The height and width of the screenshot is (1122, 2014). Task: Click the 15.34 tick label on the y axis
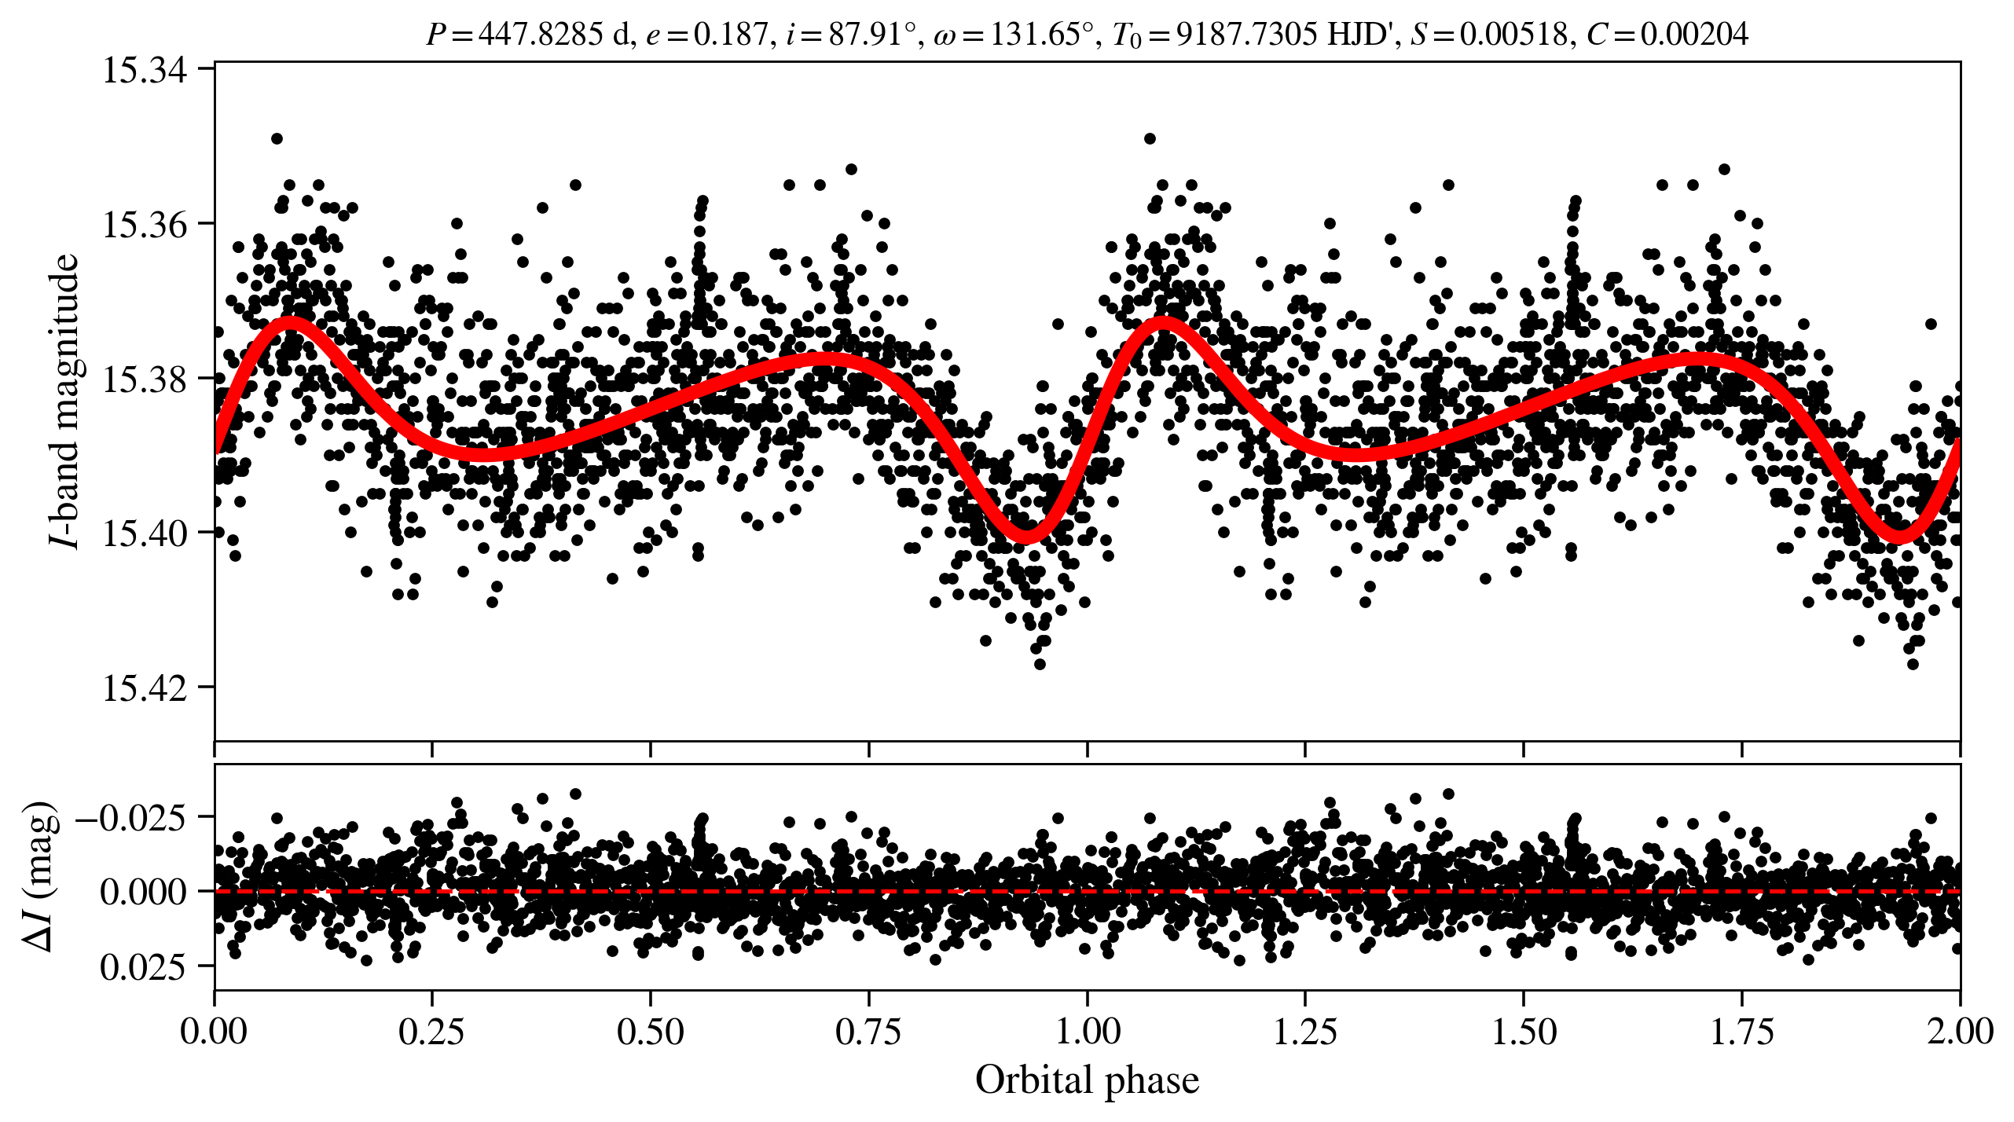pos(134,70)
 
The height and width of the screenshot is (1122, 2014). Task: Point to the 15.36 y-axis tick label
pos(134,225)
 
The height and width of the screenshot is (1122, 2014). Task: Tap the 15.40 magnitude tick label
pos(134,533)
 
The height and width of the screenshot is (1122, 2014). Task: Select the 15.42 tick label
pos(134,688)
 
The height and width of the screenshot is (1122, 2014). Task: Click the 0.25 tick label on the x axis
pos(431,1032)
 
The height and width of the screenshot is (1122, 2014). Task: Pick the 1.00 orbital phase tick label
pos(1087,1032)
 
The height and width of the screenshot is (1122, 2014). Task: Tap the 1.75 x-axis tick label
pos(1742,1032)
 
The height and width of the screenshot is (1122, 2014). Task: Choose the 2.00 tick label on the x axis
pos(1960,1032)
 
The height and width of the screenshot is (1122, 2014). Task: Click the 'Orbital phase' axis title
pos(1087,1081)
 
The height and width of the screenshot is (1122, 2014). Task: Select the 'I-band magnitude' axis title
pos(64,401)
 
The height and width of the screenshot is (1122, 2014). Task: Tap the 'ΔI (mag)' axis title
pos(41,876)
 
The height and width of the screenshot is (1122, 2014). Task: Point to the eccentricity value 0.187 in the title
pos(731,35)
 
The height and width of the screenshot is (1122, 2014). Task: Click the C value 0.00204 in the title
pos(1693,35)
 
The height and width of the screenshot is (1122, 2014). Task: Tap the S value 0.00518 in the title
pos(1513,35)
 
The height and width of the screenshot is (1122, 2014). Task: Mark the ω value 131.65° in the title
pos(1041,35)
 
